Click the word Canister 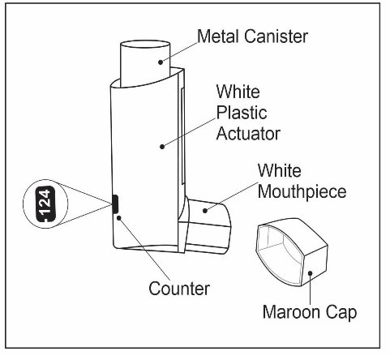pyautogui.click(x=276, y=36)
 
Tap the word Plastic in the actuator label pyautogui.click(x=242, y=113)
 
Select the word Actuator pyautogui.click(x=248, y=134)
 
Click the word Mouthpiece pyautogui.click(x=302, y=192)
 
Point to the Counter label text pyautogui.click(x=179, y=289)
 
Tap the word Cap pyautogui.click(x=341, y=313)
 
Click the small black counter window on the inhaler pyautogui.click(x=115, y=204)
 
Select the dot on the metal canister pyautogui.click(x=161, y=62)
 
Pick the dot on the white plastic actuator pyautogui.click(x=162, y=147)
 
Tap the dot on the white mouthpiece pyautogui.click(x=205, y=210)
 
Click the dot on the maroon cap pyautogui.click(x=311, y=273)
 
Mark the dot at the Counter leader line pyautogui.click(x=118, y=217)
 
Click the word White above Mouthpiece pyautogui.click(x=280, y=171)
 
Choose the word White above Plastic pyautogui.click(x=238, y=92)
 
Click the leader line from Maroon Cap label pyautogui.click(x=311, y=289)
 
